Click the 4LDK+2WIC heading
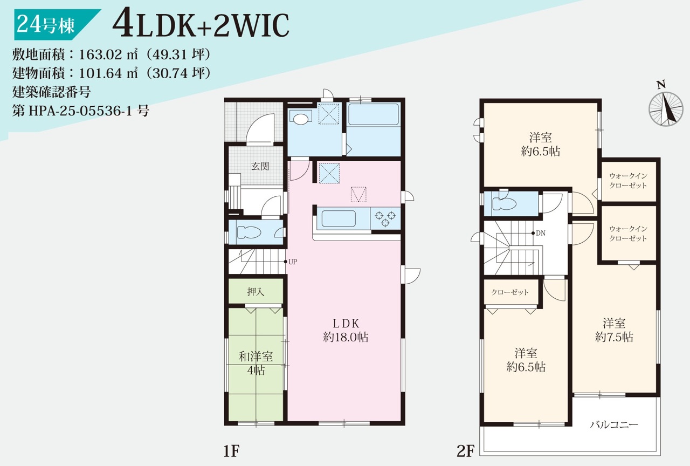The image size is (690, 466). [201, 25]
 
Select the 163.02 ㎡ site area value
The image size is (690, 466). [108, 54]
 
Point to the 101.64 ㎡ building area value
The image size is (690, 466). [108, 73]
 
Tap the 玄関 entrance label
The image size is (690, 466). [260, 167]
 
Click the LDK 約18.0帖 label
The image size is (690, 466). [346, 330]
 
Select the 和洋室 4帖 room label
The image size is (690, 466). [256, 364]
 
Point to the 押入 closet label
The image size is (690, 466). [256, 292]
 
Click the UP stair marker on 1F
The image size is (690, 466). [291, 262]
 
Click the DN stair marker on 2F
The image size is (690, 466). [539, 233]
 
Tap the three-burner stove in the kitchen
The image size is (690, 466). [385, 218]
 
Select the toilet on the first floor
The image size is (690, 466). [249, 232]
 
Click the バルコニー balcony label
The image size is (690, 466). [614, 425]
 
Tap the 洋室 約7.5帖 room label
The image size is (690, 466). [614, 330]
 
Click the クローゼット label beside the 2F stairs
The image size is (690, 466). [510, 292]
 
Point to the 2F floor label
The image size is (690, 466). [465, 451]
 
